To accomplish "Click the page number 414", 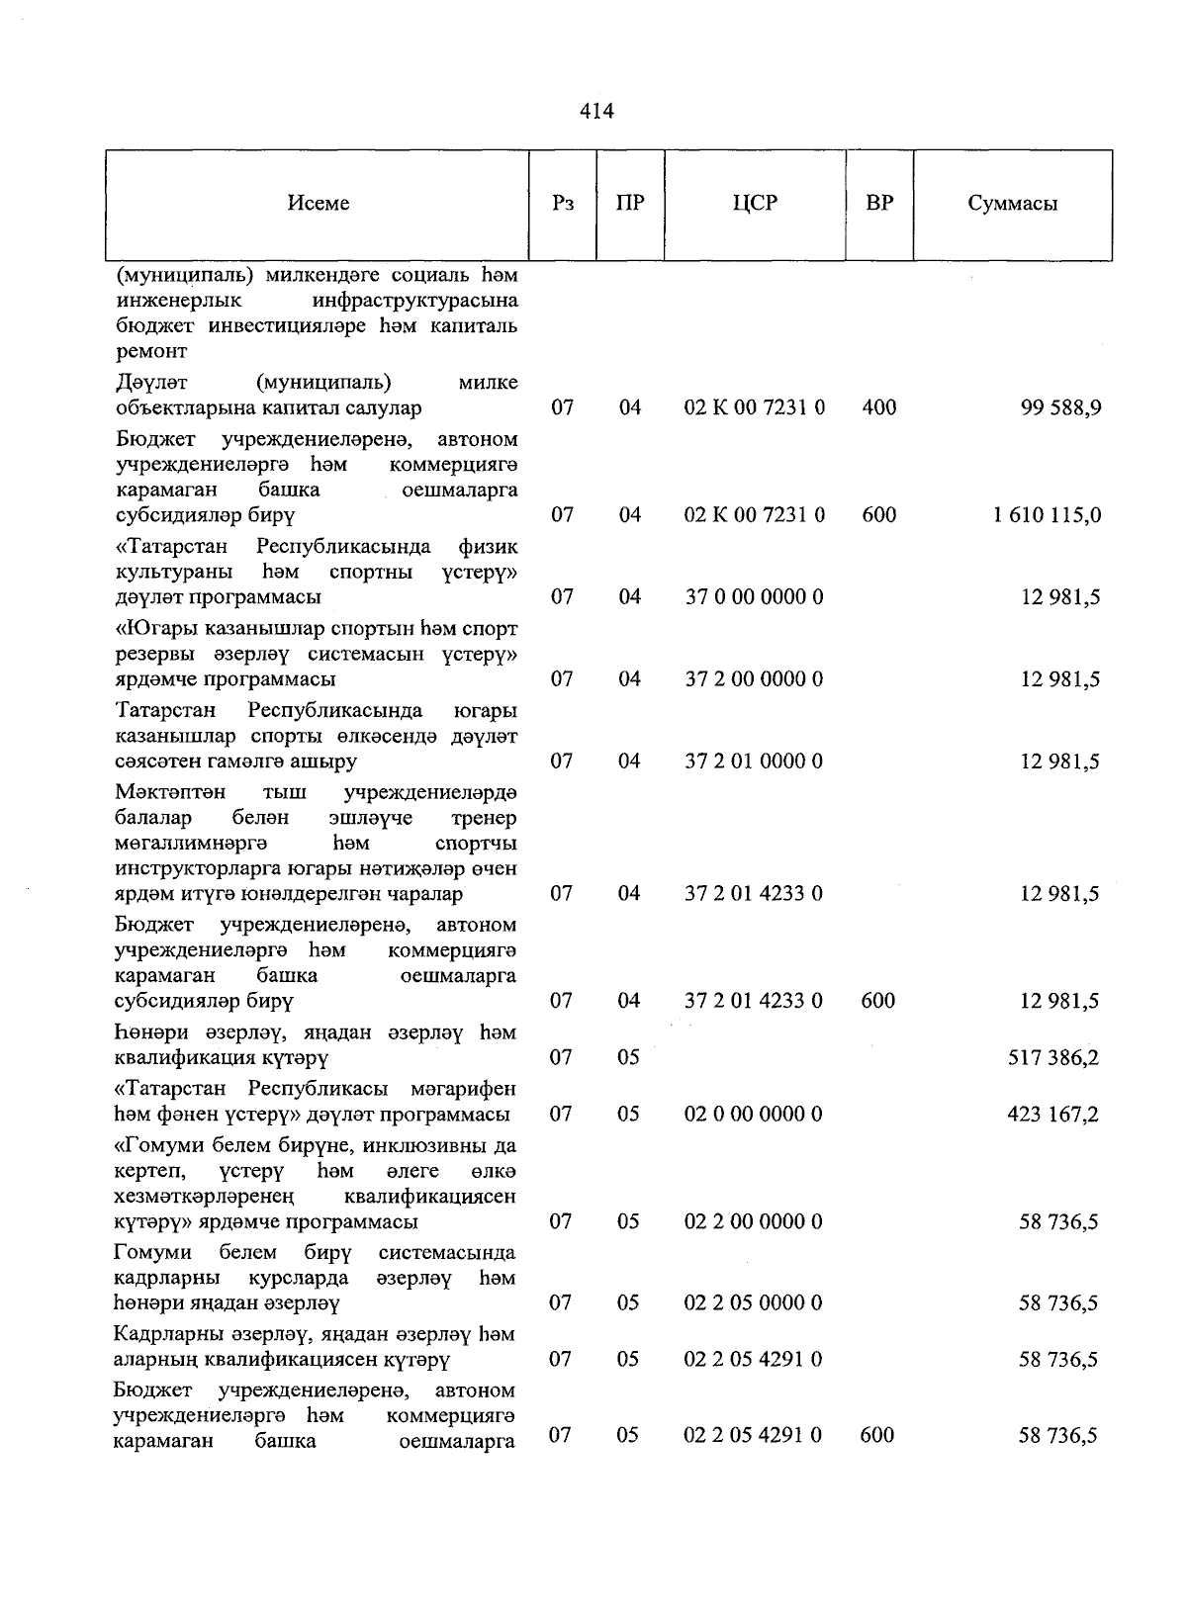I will pyautogui.click(x=596, y=111).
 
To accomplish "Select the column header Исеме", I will pyautogui.click(x=319, y=203).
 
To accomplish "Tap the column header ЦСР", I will pyautogui.click(x=755, y=203).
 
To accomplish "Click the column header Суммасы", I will pyautogui.click(x=1012, y=204).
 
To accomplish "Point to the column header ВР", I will pyautogui.click(x=878, y=203).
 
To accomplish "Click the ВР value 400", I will pyautogui.click(x=878, y=407).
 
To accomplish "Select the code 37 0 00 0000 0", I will pyautogui.click(x=754, y=597).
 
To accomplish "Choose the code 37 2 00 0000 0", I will pyautogui.click(x=754, y=679).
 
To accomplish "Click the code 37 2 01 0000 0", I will pyautogui.click(x=754, y=762).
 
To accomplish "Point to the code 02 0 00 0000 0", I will pyautogui.click(x=754, y=1115).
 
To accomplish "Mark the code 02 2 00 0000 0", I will pyautogui.click(x=754, y=1222).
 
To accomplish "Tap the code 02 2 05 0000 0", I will pyautogui.click(x=754, y=1303).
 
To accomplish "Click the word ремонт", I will pyautogui.click(x=151, y=351).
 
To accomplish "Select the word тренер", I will pyautogui.click(x=483, y=819).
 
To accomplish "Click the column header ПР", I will pyautogui.click(x=630, y=203).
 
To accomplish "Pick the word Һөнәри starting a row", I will pyautogui.click(x=146, y=1032).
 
